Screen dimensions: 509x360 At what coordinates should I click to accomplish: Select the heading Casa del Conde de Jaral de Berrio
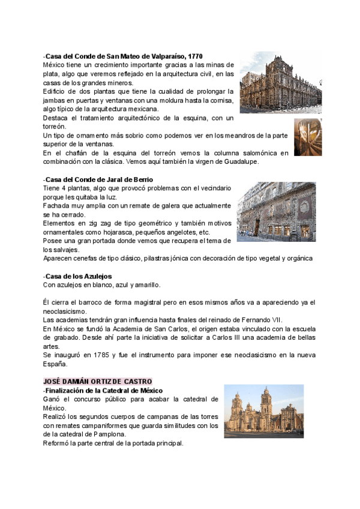[99, 179]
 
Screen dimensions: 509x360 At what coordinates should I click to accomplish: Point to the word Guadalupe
[255, 161]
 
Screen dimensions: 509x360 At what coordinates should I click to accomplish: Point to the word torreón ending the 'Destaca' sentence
[54, 127]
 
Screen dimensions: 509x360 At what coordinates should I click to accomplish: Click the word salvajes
[65, 249]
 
